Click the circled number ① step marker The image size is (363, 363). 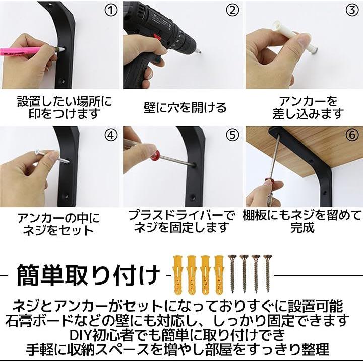(x=111, y=10)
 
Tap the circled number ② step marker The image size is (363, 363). (x=232, y=10)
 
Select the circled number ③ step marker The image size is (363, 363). (x=352, y=10)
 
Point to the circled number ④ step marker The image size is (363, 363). (x=111, y=135)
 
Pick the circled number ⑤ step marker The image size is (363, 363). (x=232, y=135)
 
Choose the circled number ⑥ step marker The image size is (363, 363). (x=352, y=135)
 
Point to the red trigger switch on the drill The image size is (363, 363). (x=157, y=37)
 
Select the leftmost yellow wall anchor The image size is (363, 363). (x=178, y=275)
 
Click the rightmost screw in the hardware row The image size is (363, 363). (x=267, y=274)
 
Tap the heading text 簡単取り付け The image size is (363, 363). (x=88, y=275)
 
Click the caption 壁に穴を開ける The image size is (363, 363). (x=185, y=108)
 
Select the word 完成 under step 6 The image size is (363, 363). (x=302, y=227)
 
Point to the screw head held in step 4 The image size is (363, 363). (x=37, y=152)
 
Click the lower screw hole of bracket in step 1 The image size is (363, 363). (x=62, y=82)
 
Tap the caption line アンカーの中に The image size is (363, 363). (x=59, y=218)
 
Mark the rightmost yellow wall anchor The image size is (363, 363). (x=219, y=275)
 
